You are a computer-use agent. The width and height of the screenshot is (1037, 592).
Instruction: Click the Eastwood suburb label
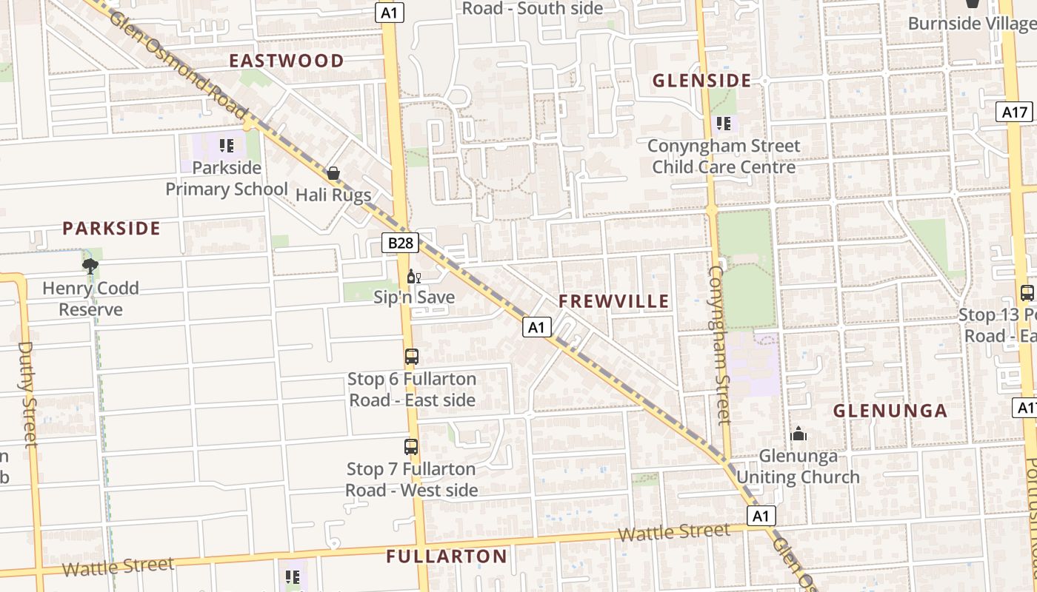pos(286,61)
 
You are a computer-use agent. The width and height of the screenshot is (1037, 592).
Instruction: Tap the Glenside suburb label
pos(701,81)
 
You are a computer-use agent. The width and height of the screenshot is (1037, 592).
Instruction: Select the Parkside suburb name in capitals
pos(111,228)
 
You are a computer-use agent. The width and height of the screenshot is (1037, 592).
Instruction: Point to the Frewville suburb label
pos(613,301)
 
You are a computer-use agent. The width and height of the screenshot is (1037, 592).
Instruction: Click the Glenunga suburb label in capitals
pos(890,411)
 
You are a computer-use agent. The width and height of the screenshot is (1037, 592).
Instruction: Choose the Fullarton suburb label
pos(447,556)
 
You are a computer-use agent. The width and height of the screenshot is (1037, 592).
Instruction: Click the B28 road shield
pos(401,243)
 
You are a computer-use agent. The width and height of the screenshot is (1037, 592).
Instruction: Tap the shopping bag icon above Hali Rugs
pos(333,173)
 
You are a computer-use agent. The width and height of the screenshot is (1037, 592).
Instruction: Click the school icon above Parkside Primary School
pos(227,145)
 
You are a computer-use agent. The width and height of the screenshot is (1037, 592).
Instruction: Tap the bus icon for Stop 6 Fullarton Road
pos(411,357)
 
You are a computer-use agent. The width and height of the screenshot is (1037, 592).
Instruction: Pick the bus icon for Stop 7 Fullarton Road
pos(411,447)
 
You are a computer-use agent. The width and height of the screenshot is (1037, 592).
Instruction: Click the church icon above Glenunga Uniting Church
pos(798,434)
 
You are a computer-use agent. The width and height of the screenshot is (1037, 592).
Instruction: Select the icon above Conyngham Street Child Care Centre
pos(723,124)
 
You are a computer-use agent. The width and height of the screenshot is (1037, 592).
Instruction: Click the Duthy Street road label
pos(27,394)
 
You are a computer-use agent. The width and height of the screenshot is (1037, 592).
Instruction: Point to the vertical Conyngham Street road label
pos(719,345)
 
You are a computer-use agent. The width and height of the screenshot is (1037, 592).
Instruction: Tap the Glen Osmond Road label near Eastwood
pos(178,64)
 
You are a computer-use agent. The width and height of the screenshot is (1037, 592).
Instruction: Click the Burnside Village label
pos(971,23)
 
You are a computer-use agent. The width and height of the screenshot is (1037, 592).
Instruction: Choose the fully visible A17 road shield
pos(1014,112)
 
